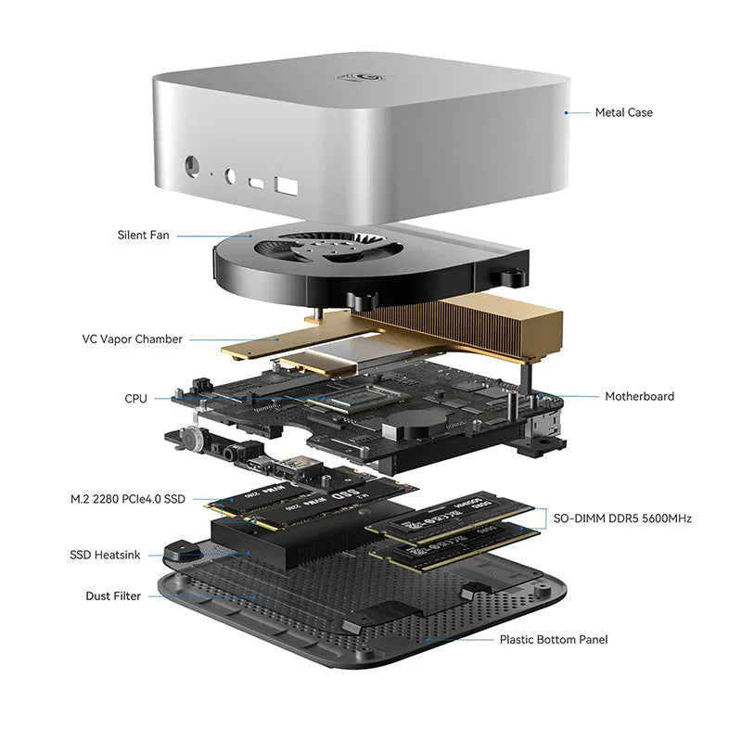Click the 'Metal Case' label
click(x=623, y=112)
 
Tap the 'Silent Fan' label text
click(x=143, y=236)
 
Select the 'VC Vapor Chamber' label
click(x=132, y=339)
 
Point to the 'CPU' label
click(x=135, y=399)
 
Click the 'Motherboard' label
click(x=639, y=397)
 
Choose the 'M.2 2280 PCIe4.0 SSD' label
click(x=127, y=499)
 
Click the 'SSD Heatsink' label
click(x=105, y=555)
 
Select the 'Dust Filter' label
click(x=113, y=596)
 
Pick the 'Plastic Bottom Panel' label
click(x=554, y=639)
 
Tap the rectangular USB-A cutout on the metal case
click(x=285, y=187)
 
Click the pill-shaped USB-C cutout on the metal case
click(x=256, y=184)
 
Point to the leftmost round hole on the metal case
click(x=194, y=167)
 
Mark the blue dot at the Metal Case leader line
click(x=565, y=112)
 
